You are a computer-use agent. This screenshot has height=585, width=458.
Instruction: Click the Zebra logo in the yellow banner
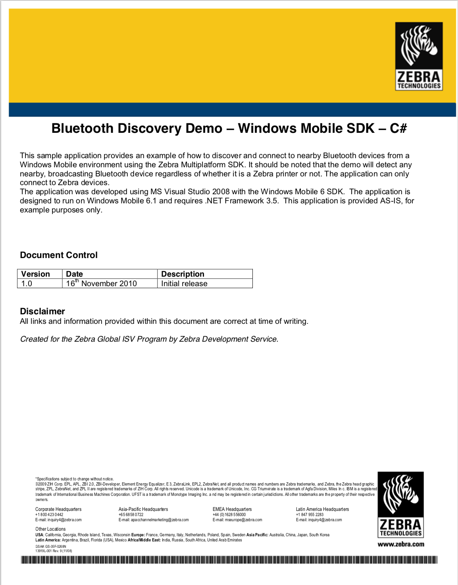pyautogui.click(x=419, y=56)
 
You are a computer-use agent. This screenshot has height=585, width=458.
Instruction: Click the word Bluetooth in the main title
pyautogui.click(x=82, y=128)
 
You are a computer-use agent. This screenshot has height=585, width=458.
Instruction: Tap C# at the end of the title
pyautogui.click(x=398, y=128)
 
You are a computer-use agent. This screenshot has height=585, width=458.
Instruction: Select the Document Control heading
pyautogui.click(x=59, y=255)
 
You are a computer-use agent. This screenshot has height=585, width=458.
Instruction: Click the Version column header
pyautogui.click(x=36, y=274)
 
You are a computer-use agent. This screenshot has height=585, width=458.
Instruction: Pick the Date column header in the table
pyautogui.click(x=75, y=274)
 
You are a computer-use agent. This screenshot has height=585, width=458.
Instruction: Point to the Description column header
pyautogui.click(x=183, y=274)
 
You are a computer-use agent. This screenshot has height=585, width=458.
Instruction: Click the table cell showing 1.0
pyautogui.click(x=27, y=283)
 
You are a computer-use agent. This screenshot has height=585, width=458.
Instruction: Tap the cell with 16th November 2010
pyautogui.click(x=102, y=283)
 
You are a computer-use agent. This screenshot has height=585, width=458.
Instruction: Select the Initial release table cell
pyautogui.click(x=184, y=283)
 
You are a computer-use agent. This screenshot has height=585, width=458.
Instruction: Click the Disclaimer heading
pyautogui.click(x=42, y=311)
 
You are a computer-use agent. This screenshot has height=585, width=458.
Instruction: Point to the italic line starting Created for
pyautogui.click(x=149, y=339)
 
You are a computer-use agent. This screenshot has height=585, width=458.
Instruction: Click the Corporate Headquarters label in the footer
pyautogui.click(x=58, y=509)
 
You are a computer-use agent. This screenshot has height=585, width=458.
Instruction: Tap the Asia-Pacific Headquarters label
pyautogui.click(x=143, y=509)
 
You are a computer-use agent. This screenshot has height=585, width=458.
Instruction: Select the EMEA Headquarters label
pyautogui.click(x=232, y=509)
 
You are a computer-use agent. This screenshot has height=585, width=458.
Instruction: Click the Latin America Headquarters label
pyautogui.click(x=322, y=509)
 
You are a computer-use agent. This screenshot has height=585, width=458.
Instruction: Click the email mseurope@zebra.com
pyautogui.click(x=243, y=520)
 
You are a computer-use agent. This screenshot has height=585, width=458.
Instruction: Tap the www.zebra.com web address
pyautogui.click(x=401, y=544)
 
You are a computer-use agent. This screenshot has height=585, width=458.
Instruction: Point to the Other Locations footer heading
pyautogui.click(x=50, y=529)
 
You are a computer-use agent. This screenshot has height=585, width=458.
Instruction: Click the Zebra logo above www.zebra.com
pyautogui.click(x=400, y=505)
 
